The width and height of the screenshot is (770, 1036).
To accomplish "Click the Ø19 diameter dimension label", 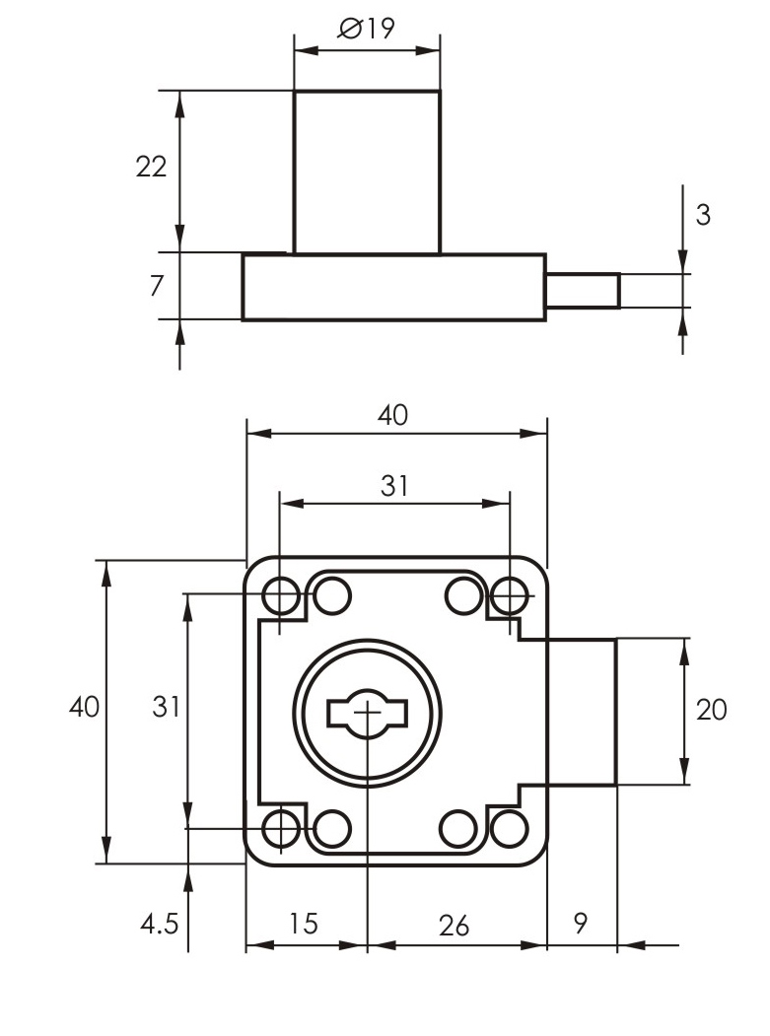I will click(x=366, y=29).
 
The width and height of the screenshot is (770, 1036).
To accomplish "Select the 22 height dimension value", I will click(x=151, y=167).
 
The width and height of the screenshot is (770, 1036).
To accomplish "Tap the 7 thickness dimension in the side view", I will click(x=156, y=286).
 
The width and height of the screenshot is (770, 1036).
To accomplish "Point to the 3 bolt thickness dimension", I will click(x=703, y=215).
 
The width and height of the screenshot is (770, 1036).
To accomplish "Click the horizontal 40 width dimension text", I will click(x=392, y=415).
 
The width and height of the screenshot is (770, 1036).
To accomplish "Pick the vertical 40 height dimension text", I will click(x=84, y=707).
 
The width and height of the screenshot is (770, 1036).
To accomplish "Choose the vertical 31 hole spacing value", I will click(x=166, y=707).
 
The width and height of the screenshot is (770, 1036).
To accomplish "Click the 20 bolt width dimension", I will click(x=712, y=710).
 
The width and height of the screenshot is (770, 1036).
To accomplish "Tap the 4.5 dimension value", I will click(x=158, y=924).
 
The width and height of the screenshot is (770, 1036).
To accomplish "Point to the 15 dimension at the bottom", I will click(x=304, y=924).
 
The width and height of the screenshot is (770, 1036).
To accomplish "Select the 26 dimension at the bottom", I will click(x=455, y=925).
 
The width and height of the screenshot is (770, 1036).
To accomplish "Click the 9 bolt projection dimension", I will click(x=581, y=924).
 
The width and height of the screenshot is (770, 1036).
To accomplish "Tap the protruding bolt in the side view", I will click(x=583, y=291).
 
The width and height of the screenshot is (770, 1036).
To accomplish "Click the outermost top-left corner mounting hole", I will click(x=282, y=595).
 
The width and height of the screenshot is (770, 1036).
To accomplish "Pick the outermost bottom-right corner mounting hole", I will click(x=509, y=828).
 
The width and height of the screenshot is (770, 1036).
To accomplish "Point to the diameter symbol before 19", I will click(x=350, y=29).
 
